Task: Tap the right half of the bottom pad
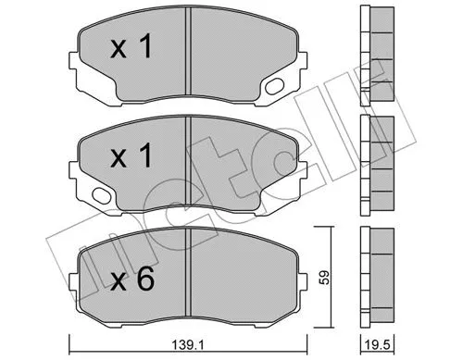[245, 273]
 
